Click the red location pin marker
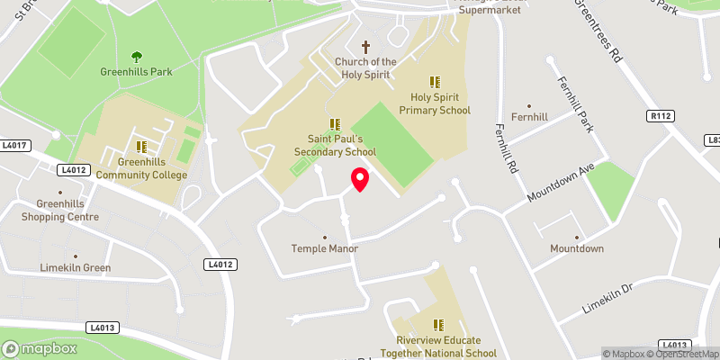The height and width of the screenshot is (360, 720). (359, 179)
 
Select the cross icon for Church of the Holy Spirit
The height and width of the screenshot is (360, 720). (366, 46)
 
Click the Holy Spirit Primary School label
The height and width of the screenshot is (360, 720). (441, 103)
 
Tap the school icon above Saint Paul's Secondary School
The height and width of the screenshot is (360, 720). (335, 124)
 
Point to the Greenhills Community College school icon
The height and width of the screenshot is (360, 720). (141, 146)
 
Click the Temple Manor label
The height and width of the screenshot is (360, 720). (325, 248)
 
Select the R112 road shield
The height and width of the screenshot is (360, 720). (661, 116)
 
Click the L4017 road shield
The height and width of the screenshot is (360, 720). (15, 145)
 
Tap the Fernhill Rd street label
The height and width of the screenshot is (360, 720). (508, 147)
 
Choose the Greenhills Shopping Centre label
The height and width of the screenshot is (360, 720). (61, 210)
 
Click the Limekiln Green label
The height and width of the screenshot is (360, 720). (76, 267)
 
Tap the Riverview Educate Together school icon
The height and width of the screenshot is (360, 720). (438, 325)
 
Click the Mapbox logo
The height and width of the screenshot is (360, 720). (39, 348)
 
